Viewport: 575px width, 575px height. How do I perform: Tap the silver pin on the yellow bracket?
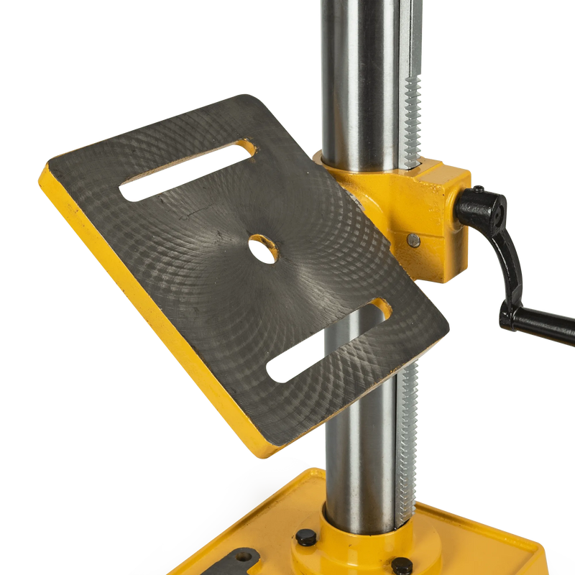(413, 240)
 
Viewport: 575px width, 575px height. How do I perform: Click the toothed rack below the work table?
(408, 431)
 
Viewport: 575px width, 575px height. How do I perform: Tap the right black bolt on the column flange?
(403, 564)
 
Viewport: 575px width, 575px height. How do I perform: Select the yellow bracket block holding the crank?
(438, 216)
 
